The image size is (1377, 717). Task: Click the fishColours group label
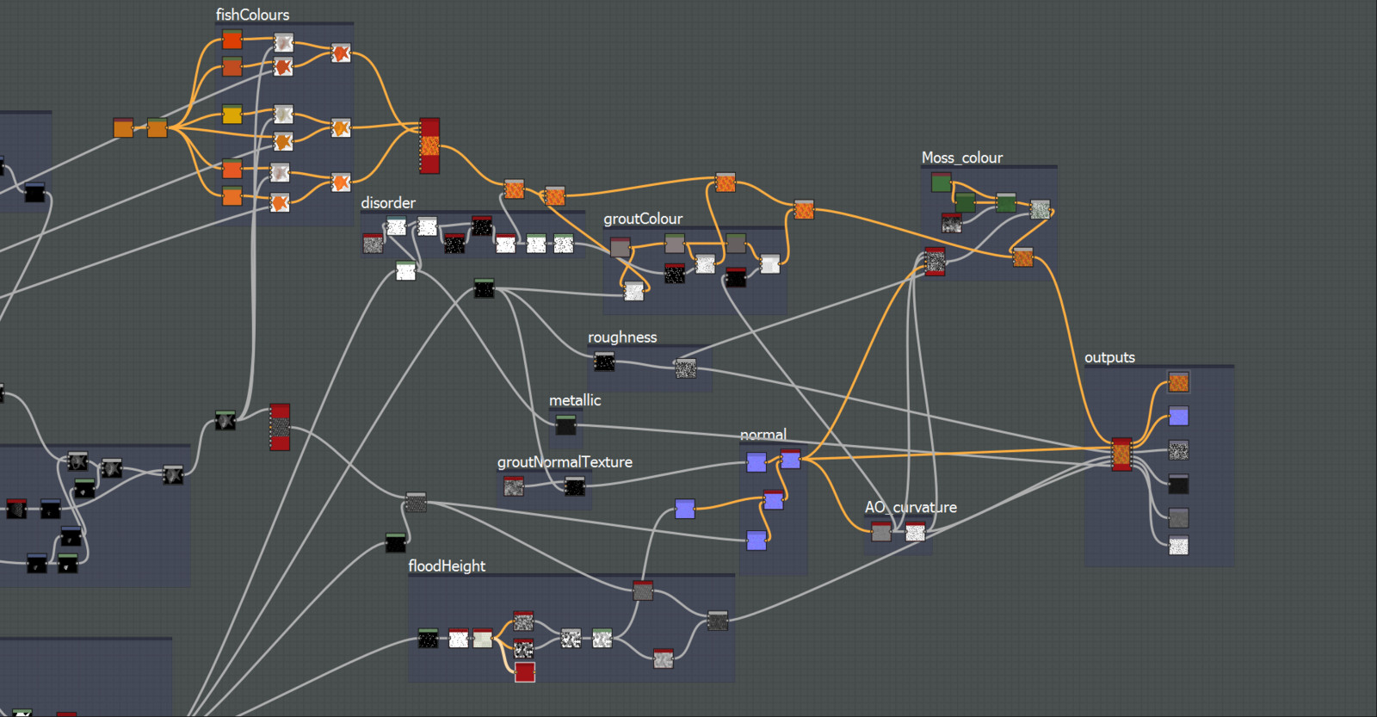coord(252,15)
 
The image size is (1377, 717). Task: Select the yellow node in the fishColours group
coord(232,114)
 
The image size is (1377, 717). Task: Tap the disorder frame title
coord(388,203)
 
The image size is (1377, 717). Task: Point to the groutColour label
coord(643,219)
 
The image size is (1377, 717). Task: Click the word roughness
coord(622,337)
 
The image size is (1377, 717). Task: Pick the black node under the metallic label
coord(565,424)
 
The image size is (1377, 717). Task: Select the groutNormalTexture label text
coord(565,462)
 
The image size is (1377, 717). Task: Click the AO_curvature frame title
coord(911,507)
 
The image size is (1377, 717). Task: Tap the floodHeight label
coord(447,566)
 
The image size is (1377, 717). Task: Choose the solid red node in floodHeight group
coord(525,671)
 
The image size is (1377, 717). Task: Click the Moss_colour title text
coord(962,158)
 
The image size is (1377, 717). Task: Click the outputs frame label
coord(1109,357)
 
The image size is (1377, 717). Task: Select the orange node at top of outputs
coord(1179,382)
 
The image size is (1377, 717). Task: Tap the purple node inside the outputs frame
coord(1179,417)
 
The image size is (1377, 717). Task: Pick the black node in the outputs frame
coord(1179,485)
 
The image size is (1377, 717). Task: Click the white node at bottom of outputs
coord(1179,546)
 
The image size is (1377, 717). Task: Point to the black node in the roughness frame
coord(604,362)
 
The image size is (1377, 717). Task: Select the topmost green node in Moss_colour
coord(942,182)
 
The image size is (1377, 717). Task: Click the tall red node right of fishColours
coord(429,145)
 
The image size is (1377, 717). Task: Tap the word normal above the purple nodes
coord(763,435)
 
